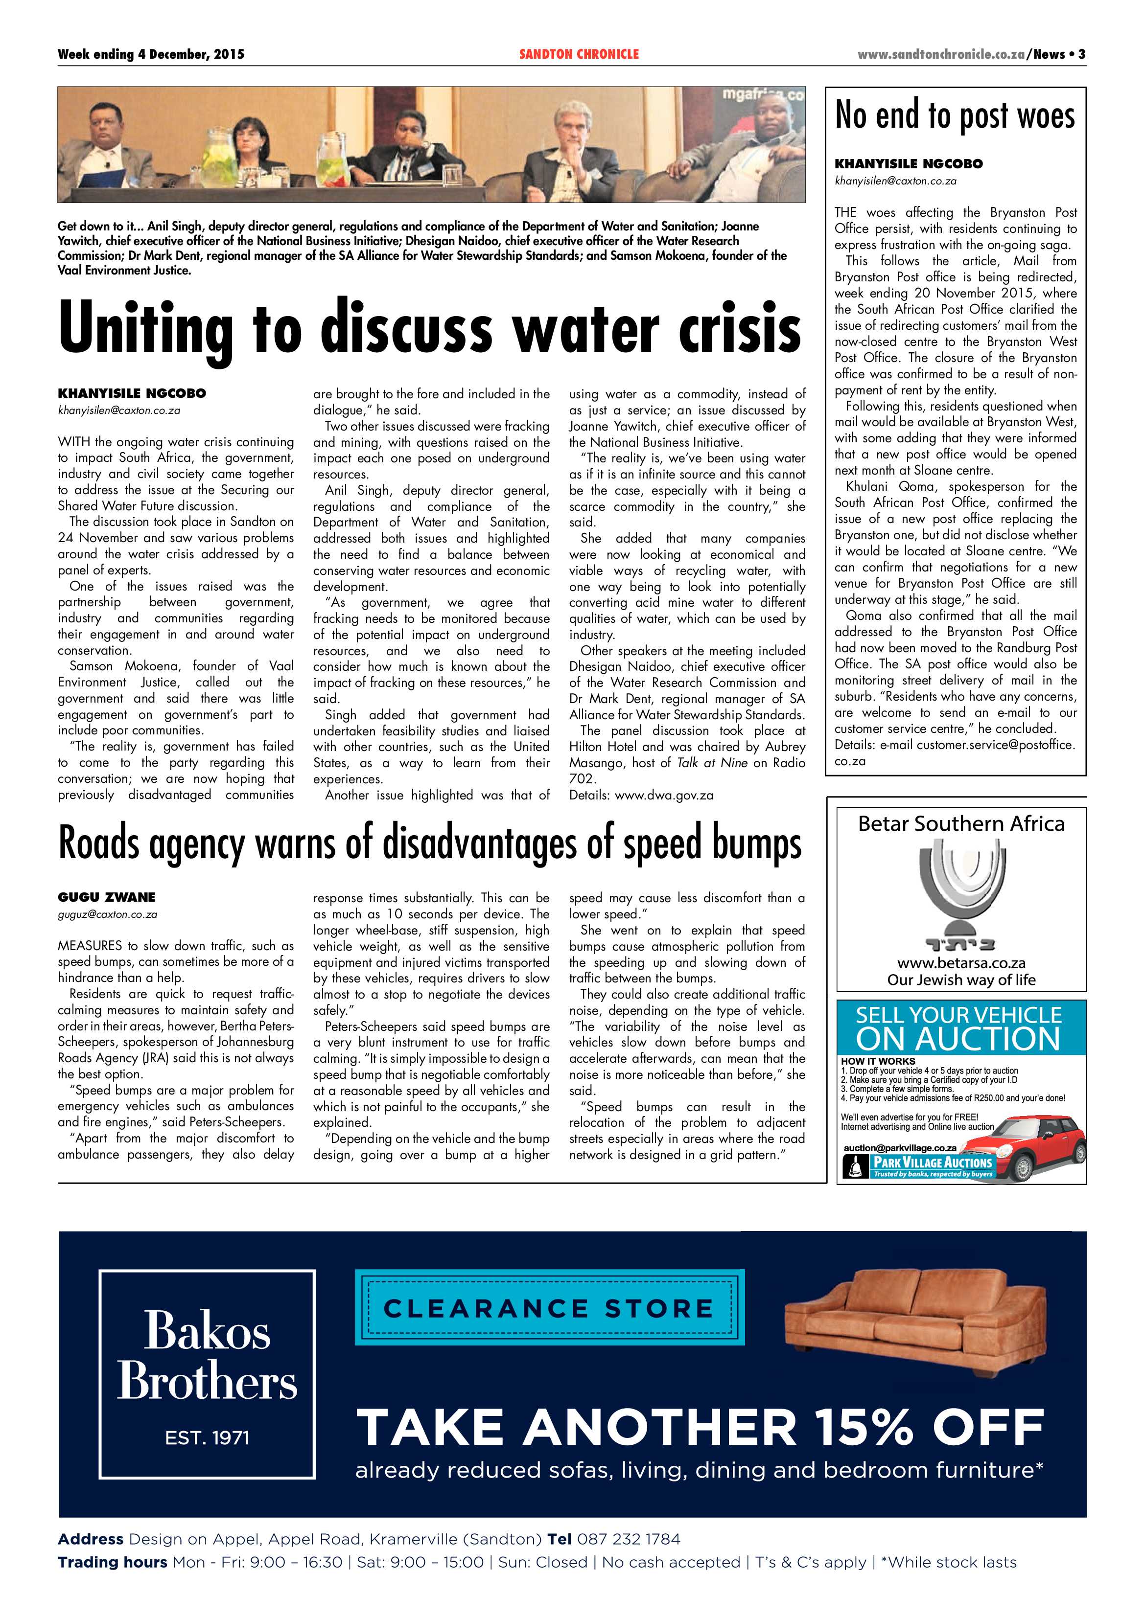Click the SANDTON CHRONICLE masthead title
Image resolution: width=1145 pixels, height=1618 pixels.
point(578,54)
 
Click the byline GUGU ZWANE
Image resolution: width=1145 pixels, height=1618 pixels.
point(106,897)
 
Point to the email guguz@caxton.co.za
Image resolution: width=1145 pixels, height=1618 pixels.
point(107,915)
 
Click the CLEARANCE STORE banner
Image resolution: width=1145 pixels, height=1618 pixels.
point(549,1309)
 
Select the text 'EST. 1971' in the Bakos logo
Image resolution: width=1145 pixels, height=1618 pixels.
point(207,1437)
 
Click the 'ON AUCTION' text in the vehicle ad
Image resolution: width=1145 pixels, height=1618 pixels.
point(958,1039)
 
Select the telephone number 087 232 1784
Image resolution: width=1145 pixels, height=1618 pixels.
point(628,1540)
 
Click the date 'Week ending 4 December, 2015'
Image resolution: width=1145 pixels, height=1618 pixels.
point(151,54)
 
